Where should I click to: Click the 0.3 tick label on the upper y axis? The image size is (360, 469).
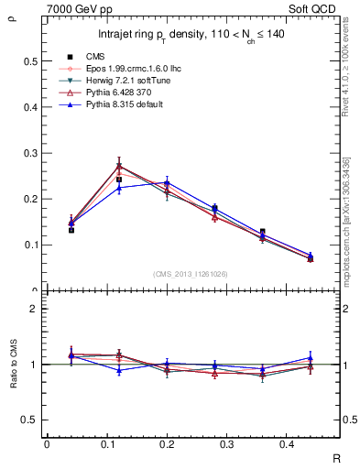point(30,153)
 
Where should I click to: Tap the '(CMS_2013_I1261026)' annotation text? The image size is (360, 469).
point(190,273)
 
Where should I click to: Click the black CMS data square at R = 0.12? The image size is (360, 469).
point(119,180)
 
